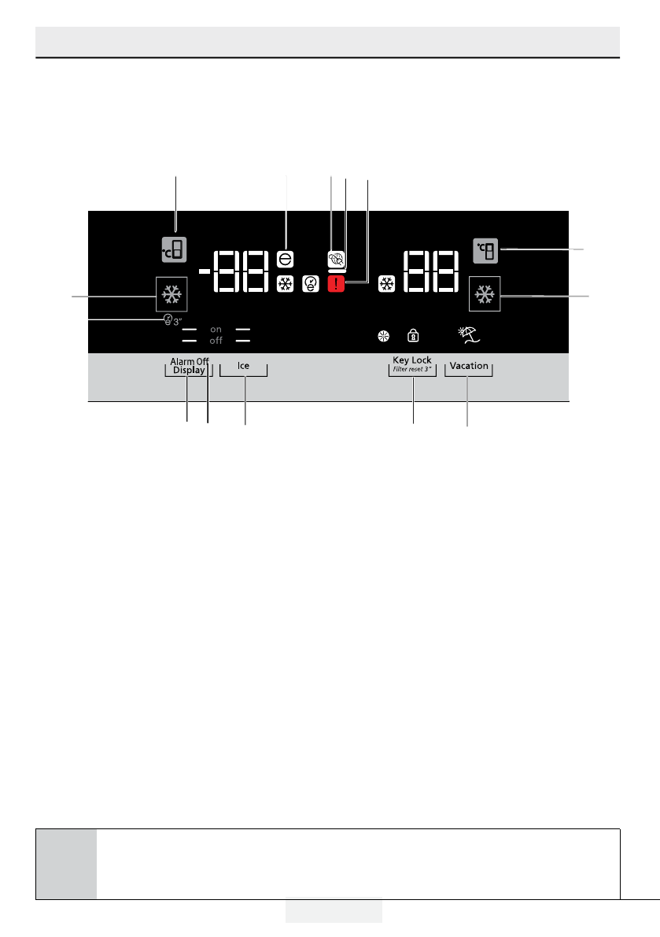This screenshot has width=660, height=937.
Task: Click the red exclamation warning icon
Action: (337, 283)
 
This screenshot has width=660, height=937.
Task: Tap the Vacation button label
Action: (469, 366)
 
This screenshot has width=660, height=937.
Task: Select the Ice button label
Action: (244, 366)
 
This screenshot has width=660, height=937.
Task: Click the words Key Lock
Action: (412, 360)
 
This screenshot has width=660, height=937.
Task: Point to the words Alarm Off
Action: (190, 361)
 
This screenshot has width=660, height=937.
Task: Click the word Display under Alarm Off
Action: (189, 370)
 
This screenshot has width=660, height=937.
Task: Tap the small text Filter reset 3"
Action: (412, 368)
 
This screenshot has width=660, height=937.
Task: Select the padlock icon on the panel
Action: (412, 336)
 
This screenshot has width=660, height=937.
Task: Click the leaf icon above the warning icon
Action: (337, 260)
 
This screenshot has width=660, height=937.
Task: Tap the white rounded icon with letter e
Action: (286, 258)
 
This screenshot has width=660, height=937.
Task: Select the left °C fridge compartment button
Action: (175, 250)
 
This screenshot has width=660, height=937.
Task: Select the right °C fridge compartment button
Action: (486, 251)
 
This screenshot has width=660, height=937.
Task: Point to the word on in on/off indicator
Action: (216, 330)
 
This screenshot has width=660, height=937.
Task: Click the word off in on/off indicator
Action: (216, 341)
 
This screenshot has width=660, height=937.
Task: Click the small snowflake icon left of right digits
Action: (385, 283)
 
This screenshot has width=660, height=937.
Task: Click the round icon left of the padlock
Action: (384, 336)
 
